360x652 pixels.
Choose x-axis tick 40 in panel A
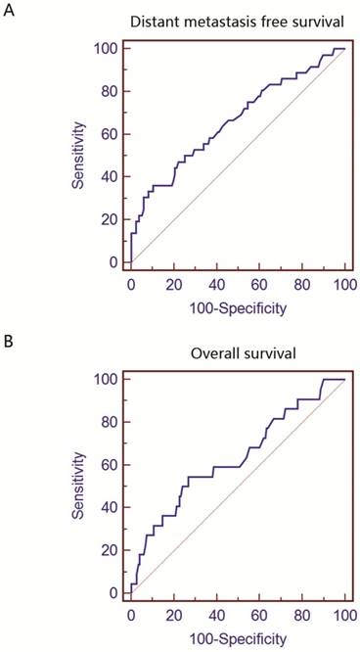[216, 284]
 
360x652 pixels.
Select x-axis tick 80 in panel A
[301, 284]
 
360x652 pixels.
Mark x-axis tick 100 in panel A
[343, 284]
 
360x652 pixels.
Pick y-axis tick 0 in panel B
[112, 592]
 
